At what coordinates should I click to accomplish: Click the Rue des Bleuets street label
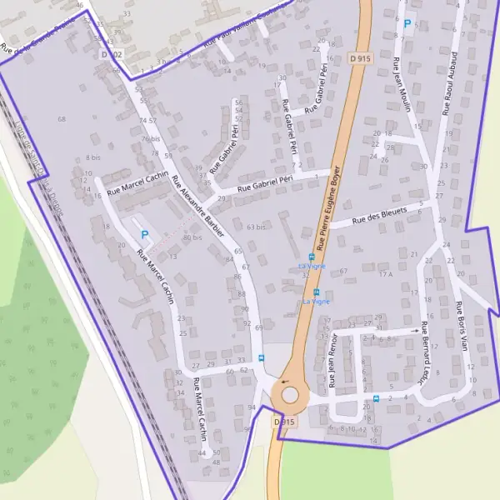coord(379,216)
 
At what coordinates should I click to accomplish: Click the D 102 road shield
coord(111,54)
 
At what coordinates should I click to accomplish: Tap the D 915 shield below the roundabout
coord(284,422)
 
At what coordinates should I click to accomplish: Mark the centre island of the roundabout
coord(289,393)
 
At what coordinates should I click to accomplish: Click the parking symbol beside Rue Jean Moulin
coord(407,24)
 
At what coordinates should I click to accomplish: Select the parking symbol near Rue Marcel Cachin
coord(144,235)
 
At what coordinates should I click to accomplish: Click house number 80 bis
coord(192,238)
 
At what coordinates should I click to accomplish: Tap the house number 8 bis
coord(93,157)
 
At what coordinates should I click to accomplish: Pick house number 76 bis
coord(151,139)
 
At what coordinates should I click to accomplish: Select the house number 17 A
coord(384,274)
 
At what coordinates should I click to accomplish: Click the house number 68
coord(62,119)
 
